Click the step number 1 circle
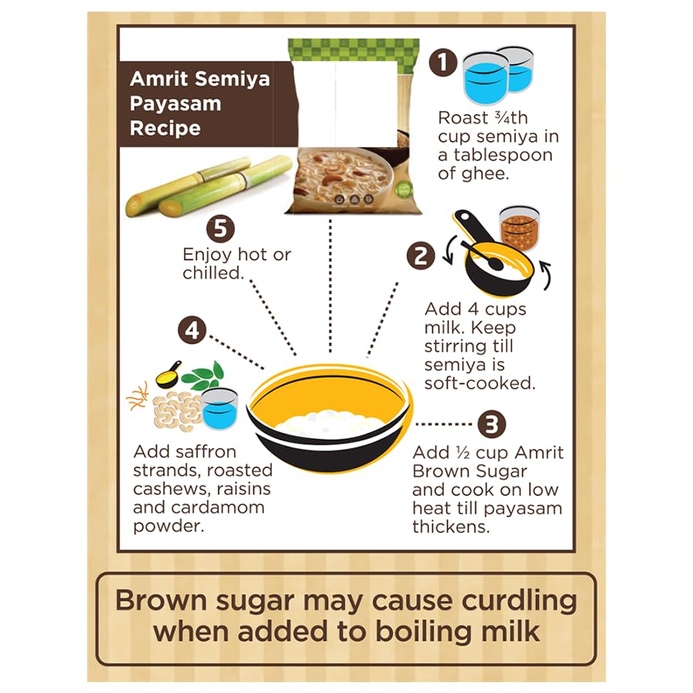(x=443, y=62)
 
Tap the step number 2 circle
(x=420, y=256)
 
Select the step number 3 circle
(x=491, y=424)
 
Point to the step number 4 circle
(x=192, y=330)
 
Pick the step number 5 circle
(x=220, y=229)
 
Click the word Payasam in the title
(x=176, y=104)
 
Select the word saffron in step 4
(x=207, y=452)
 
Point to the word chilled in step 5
(x=213, y=273)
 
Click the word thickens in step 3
(x=451, y=527)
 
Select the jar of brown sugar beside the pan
(x=519, y=228)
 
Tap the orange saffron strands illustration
(x=138, y=396)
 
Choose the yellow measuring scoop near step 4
(x=169, y=375)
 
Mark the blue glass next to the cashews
(x=219, y=409)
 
